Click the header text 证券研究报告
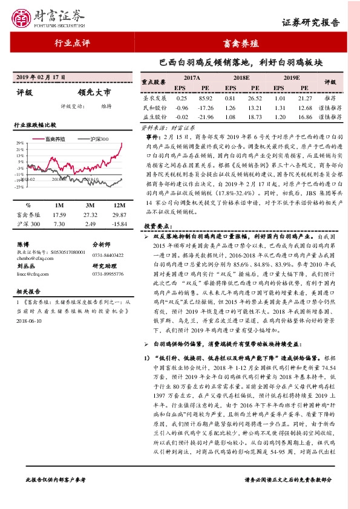[319, 23]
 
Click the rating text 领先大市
[94, 92]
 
